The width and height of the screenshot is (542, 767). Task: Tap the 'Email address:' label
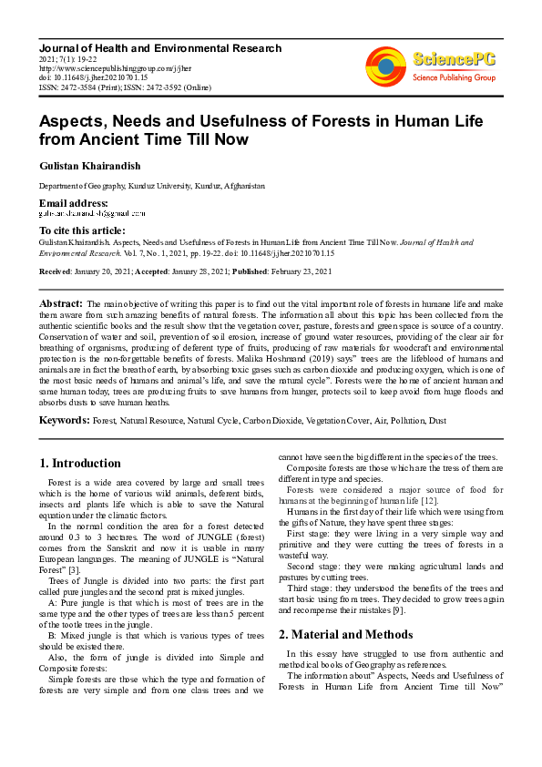(73, 202)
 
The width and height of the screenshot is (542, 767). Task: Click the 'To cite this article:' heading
(82, 230)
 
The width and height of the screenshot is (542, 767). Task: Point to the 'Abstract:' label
(61, 302)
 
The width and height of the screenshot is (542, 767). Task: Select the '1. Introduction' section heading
(81, 464)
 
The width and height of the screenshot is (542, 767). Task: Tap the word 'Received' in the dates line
(56, 272)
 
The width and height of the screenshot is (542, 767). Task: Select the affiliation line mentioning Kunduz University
(151, 185)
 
